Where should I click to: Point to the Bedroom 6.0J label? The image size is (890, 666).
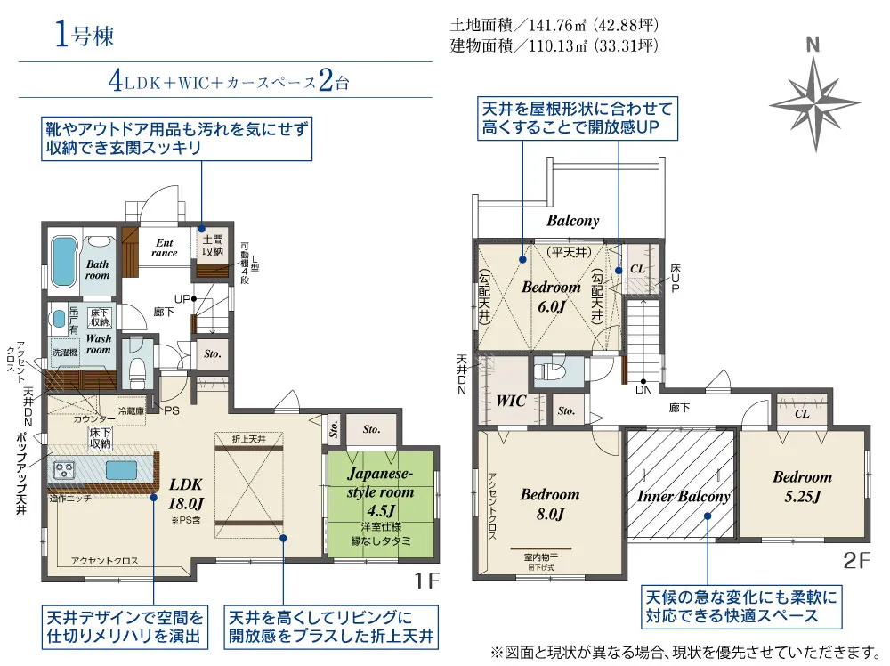551,296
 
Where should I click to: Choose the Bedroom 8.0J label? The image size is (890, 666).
549,504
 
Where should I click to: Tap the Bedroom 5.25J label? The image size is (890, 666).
802,485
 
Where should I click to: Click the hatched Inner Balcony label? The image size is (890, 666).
684,497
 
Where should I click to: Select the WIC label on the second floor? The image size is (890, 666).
511,401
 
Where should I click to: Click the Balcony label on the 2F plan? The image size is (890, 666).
572,220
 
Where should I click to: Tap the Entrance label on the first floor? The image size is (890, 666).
165,247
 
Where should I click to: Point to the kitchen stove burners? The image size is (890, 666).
67,469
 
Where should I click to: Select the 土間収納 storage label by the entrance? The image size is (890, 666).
213,247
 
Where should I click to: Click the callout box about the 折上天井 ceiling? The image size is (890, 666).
330,627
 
